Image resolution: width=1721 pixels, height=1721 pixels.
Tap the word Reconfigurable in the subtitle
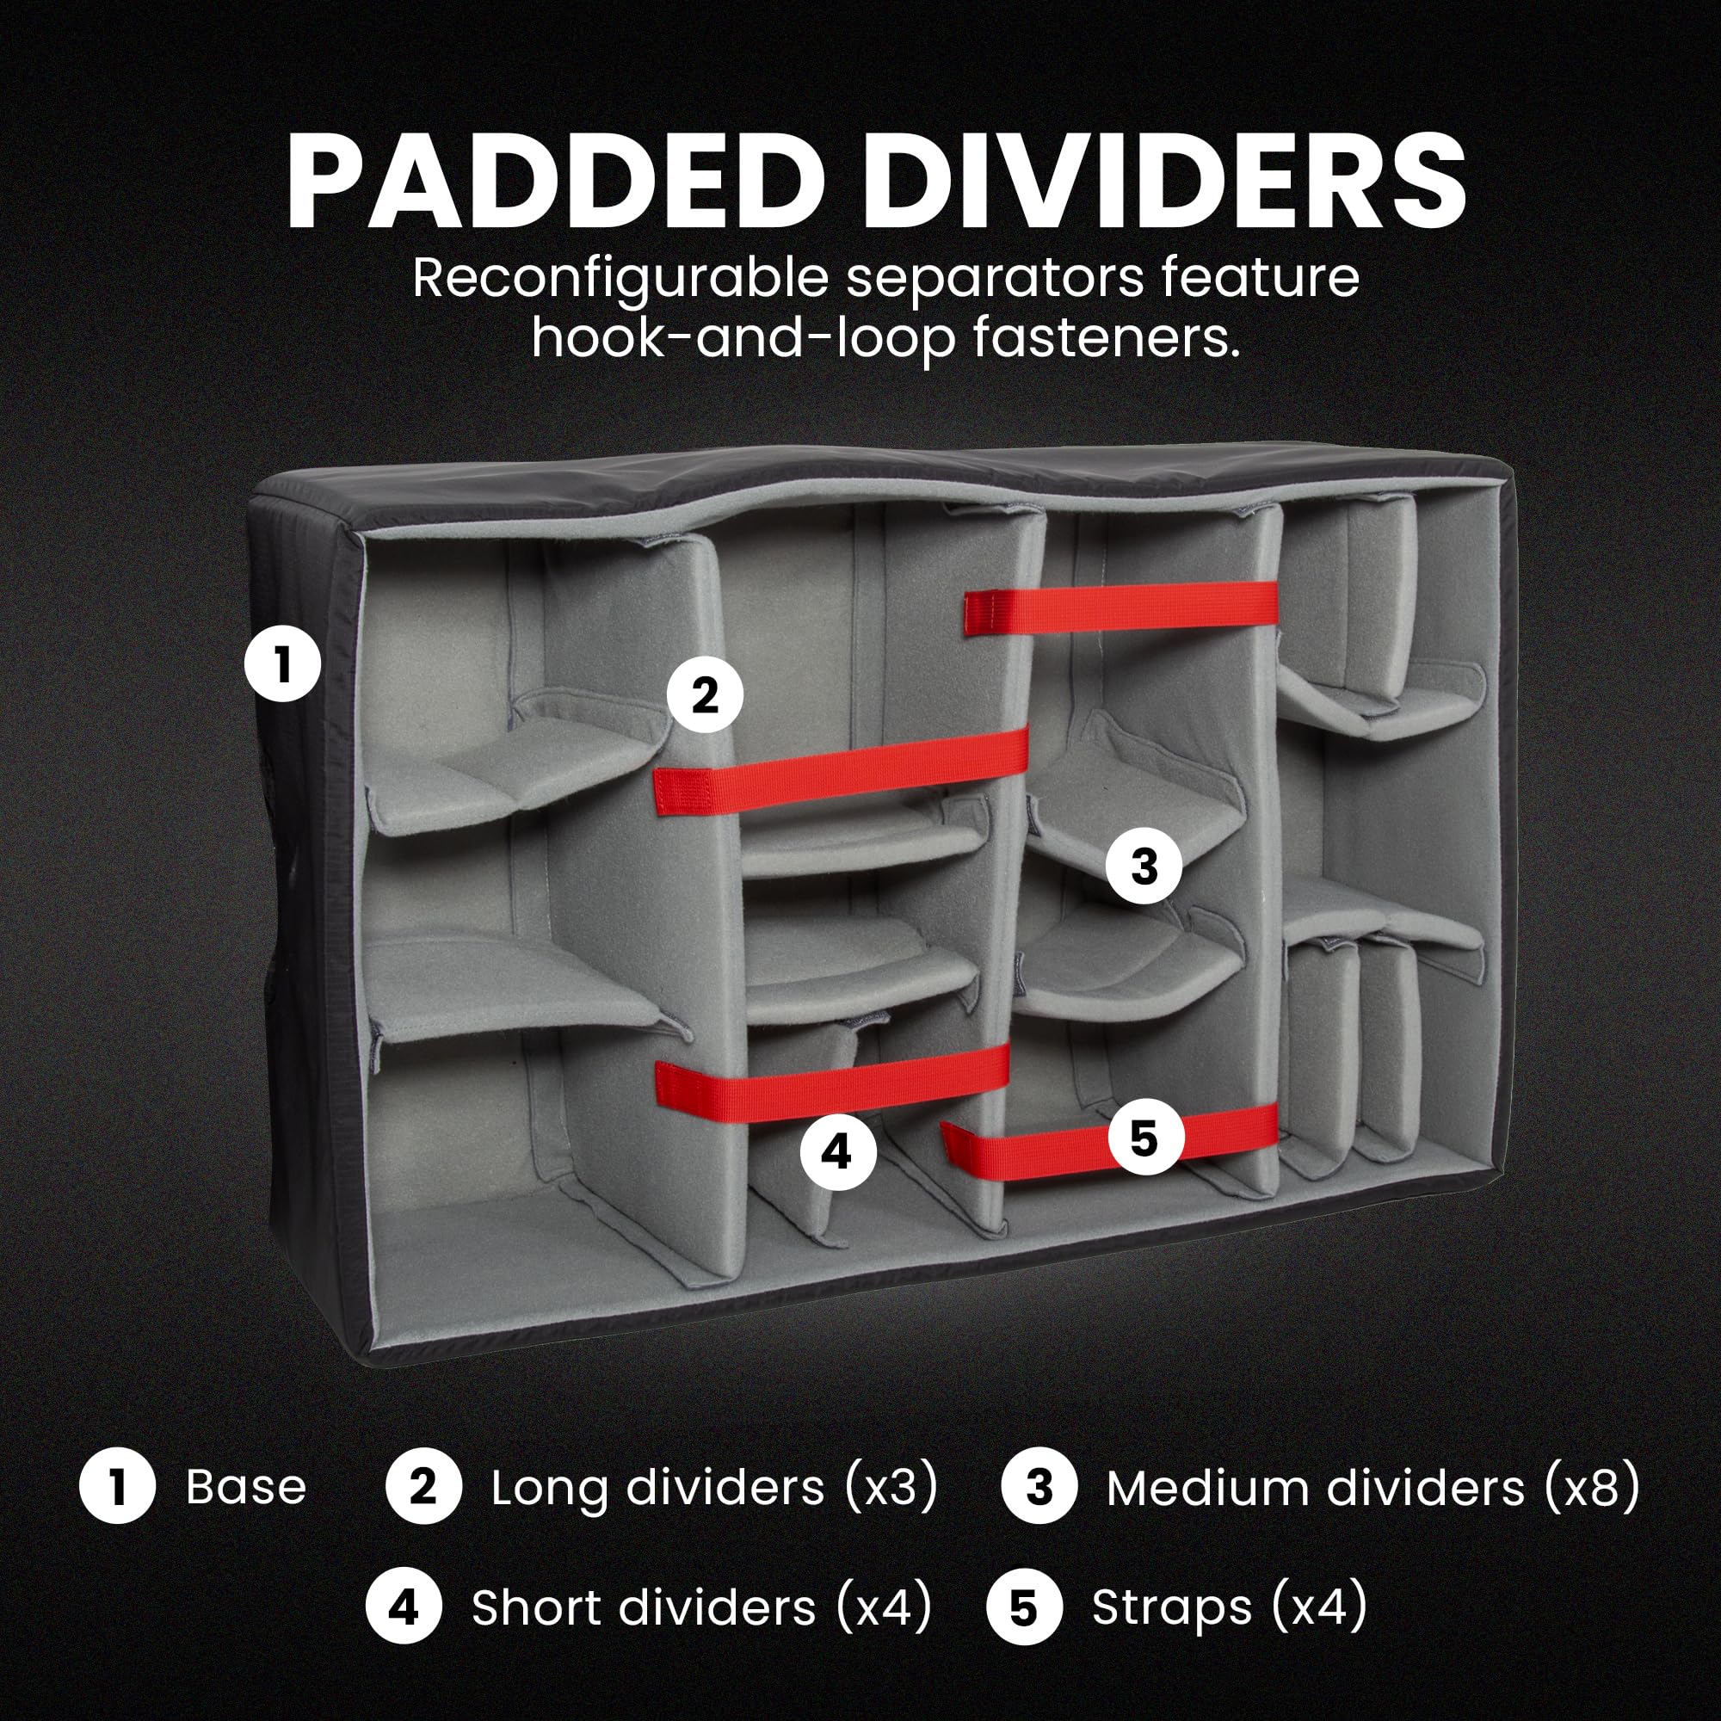pyautogui.click(x=620, y=278)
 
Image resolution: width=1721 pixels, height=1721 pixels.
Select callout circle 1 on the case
pyautogui.click(x=282, y=664)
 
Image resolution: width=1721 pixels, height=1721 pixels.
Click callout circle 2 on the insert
pyautogui.click(x=705, y=694)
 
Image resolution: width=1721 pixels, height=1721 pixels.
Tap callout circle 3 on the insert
pyautogui.click(x=1144, y=866)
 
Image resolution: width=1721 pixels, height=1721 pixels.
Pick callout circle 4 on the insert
pyautogui.click(x=837, y=1153)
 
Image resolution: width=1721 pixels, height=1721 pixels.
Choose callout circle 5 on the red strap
pyautogui.click(x=1144, y=1138)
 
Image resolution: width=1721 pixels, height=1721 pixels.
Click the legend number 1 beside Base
pyautogui.click(x=118, y=1488)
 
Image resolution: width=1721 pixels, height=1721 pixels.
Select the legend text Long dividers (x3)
pyautogui.click(x=714, y=1488)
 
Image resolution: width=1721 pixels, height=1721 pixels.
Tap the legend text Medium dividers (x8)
pyautogui.click(x=1372, y=1488)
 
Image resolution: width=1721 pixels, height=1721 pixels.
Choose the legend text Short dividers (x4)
pyautogui.click(x=702, y=1608)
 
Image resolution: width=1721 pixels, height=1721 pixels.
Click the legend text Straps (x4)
pyautogui.click(x=1230, y=1608)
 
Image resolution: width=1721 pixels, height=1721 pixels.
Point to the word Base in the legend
pyautogui.click(x=246, y=1488)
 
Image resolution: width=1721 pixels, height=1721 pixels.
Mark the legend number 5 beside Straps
pyautogui.click(x=1024, y=1608)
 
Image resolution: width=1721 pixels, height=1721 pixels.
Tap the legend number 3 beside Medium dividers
pyautogui.click(x=1039, y=1488)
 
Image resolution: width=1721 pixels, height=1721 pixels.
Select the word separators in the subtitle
pyautogui.click(x=994, y=278)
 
